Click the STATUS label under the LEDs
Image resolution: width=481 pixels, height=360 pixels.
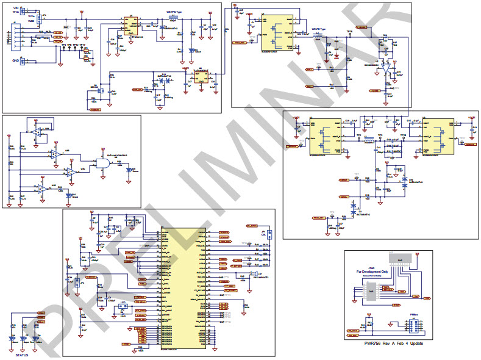coord(22,354)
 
